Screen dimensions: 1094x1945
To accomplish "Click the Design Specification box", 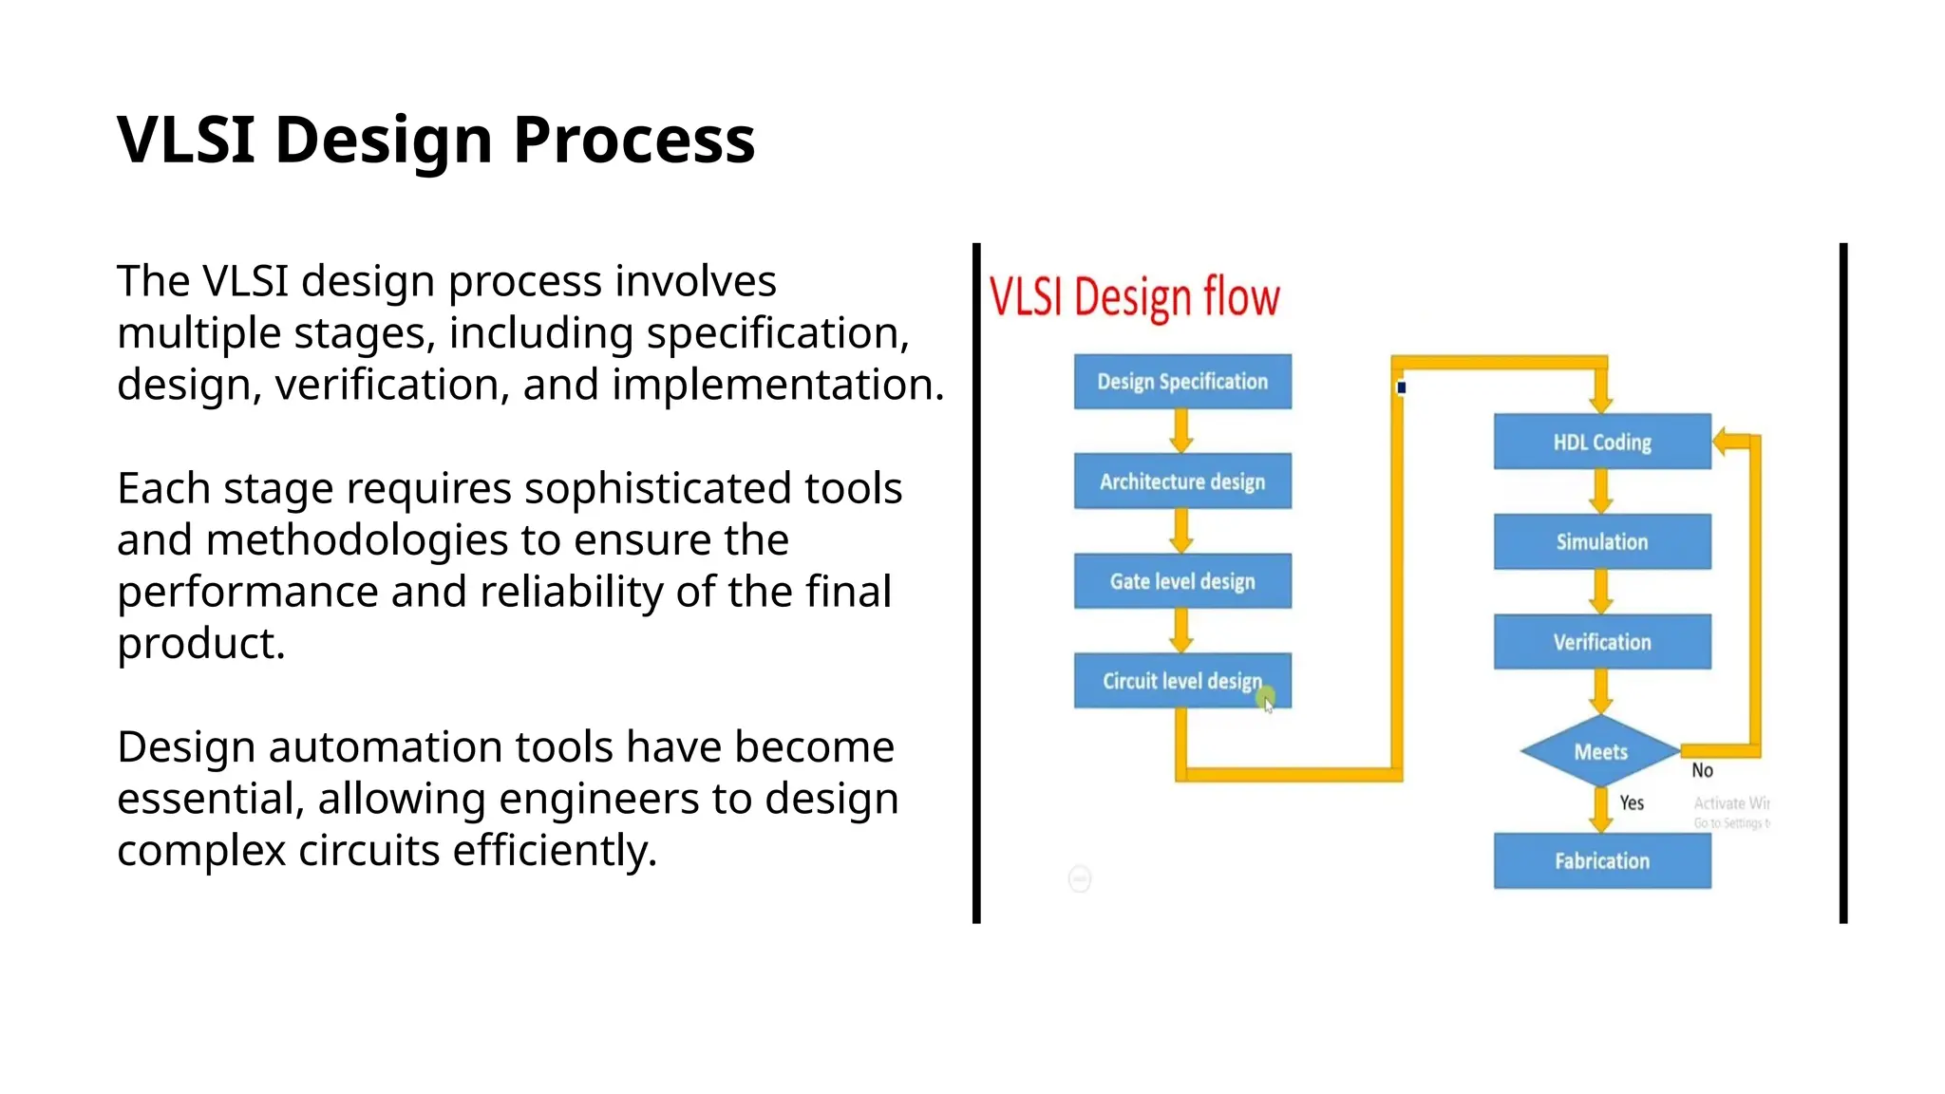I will (1182, 382).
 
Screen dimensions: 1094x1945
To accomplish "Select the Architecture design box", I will (1182, 481).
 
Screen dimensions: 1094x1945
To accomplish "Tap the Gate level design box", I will (1182, 581).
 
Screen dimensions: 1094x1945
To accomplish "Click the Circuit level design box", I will (1182, 681).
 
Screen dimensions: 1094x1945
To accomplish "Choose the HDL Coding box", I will (1602, 442).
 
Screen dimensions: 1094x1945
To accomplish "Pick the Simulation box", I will (1602, 541).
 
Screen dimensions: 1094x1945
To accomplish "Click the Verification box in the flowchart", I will (1602, 642).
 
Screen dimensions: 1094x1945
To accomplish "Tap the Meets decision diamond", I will (1601, 751).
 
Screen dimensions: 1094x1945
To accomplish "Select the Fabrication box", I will (1602, 861).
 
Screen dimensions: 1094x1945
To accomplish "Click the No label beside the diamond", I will (1702, 771).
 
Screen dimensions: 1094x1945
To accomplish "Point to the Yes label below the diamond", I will (1632, 803).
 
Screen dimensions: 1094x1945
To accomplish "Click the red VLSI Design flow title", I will (1134, 297).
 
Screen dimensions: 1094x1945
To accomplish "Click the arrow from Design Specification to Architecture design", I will (1181, 431).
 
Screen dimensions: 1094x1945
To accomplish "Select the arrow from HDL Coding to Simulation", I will (1601, 491).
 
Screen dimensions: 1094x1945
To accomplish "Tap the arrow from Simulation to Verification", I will (1601, 592).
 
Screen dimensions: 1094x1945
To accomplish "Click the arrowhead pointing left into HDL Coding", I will (1722, 442).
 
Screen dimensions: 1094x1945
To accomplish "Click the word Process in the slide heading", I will (633, 141).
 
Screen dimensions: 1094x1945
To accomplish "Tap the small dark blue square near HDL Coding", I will (1402, 387).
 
